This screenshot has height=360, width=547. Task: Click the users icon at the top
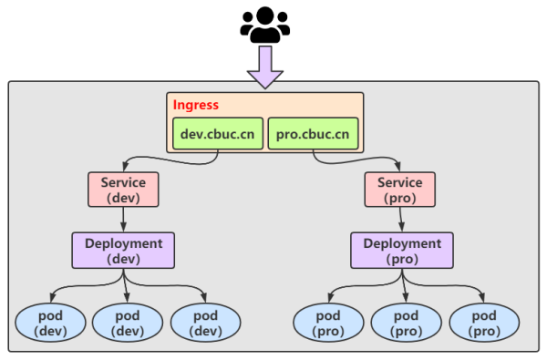(x=265, y=25)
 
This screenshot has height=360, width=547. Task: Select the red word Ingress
(x=196, y=105)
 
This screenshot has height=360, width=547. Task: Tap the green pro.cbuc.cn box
(x=313, y=134)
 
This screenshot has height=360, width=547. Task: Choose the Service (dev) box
(x=123, y=190)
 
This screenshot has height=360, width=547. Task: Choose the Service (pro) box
(x=406, y=190)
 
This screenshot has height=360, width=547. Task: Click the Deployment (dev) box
(x=123, y=251)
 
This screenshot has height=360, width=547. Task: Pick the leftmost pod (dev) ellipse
(x=50, y=323)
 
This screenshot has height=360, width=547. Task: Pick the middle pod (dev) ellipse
(x=128, y=323)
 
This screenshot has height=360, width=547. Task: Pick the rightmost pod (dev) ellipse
(x=206, y=323)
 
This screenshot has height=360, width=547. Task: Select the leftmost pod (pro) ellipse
(x=328, y=323)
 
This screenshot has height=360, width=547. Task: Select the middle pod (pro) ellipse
(x=407, y=323)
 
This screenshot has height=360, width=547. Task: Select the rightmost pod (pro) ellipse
(x=484, y=323)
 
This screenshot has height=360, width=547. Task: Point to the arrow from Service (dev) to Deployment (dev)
(x=123, y=220)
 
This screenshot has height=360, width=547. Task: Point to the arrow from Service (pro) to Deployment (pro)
(x=405, y=220)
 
